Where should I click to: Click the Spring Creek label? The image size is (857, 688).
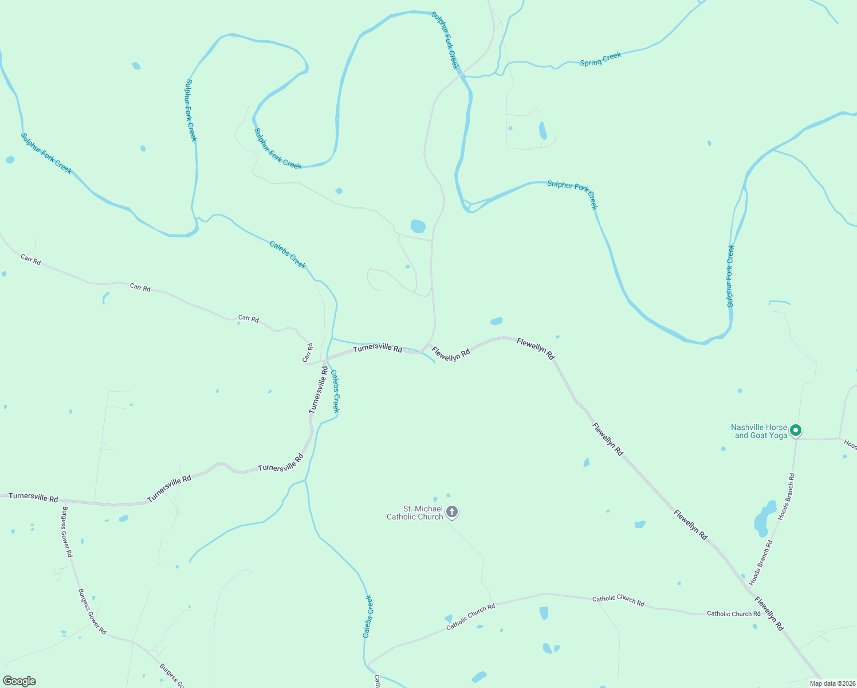coord(600,59)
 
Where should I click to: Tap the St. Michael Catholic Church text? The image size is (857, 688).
coord(415,513)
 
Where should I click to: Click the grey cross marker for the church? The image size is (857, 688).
coord(452,511)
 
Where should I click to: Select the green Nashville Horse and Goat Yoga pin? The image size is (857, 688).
coord(795,430)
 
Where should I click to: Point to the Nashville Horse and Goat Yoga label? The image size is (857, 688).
coord(759,431)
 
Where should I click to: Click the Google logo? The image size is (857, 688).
coord(19,681)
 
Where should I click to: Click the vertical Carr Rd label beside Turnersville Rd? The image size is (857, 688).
coord(308,353)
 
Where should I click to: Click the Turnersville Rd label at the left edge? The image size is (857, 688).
coord(33,497)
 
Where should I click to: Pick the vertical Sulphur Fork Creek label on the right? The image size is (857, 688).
coord(730,276)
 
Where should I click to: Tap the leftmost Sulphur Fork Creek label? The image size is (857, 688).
coord(46,153)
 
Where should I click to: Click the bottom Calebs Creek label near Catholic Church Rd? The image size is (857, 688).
coord(368,616)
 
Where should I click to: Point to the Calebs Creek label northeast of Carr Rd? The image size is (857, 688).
coord(288,255)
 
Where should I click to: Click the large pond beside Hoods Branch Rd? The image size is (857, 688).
coord(763,518)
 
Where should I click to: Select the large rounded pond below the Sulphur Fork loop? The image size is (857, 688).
coord(418,226)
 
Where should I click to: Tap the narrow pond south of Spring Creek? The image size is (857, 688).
coord(542,131)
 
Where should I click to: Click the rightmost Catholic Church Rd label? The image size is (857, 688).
coord(733,613)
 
